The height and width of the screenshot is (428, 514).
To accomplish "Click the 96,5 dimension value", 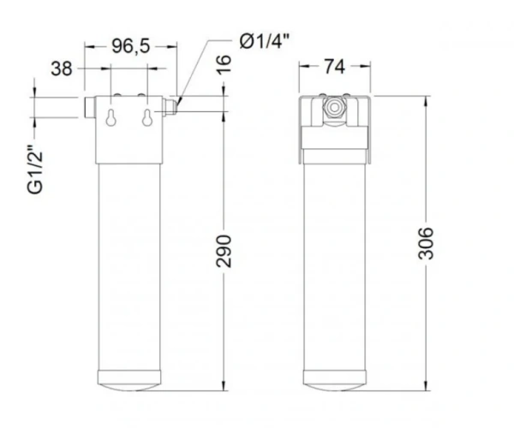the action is click(x=130, y=46).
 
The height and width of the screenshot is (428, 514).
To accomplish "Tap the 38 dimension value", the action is click(x=62, y=68).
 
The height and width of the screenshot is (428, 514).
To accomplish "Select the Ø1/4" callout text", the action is click(x=265, y=41).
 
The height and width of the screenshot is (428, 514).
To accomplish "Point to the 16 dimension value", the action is click(x=224, y=65).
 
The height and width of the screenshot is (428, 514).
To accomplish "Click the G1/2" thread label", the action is click(x=35, y=169).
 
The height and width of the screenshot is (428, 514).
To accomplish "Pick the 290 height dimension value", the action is click(x=224, y=251).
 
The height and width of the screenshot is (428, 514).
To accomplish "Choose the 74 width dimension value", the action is click(x=334, y=67).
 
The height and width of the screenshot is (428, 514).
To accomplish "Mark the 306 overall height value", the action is click(x=426, y=243).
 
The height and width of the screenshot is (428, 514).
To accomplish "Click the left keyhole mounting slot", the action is click(x=111, y=117).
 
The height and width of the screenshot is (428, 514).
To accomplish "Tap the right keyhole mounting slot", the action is click(x=147, y=117).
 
